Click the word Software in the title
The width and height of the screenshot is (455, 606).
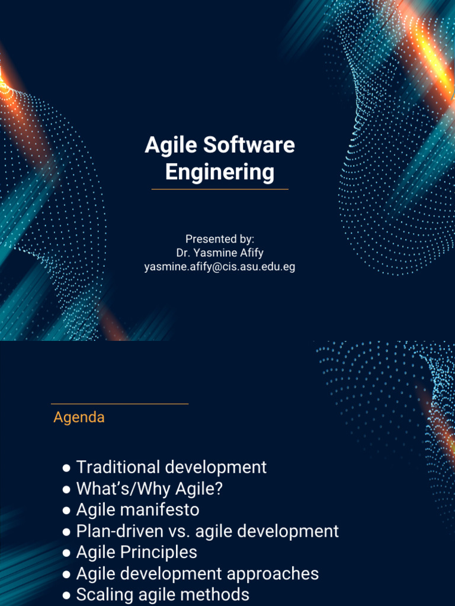click(x=249, y=146)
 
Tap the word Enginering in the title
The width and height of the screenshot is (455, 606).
click(x=220, y=172)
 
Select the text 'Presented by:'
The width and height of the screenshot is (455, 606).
click(x=220, y=239)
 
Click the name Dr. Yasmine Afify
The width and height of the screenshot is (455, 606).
click(x=220, y=253)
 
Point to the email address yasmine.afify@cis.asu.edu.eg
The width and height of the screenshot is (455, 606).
click(x=220, y=267)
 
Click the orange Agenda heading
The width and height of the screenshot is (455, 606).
click(x=79, y=417)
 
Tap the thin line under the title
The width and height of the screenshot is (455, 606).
click(x=220, y=189)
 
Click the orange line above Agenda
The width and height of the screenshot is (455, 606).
click(x=120, y=404)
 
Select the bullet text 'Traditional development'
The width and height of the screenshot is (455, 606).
click(x=171, y=468)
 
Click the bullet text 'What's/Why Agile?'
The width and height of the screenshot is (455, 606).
click(x=149, y=489)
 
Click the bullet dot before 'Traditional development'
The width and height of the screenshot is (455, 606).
click(x=67, y=468)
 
